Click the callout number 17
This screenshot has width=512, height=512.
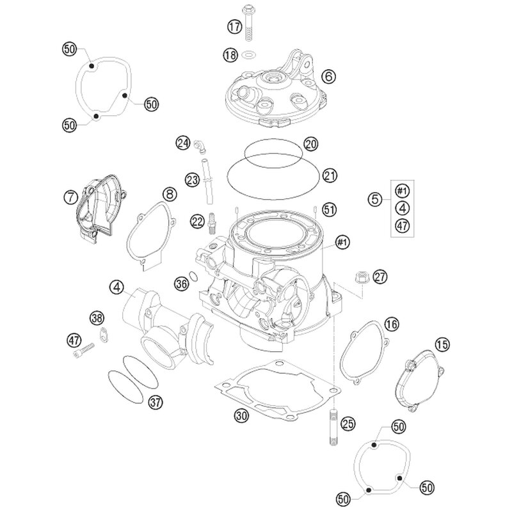tap(234, 26)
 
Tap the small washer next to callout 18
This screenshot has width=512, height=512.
tap(249, 54)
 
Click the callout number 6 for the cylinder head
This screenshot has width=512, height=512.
tap(328, 76)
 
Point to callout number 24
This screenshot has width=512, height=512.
tap(182, 143)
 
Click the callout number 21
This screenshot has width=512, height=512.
tap(330, 175)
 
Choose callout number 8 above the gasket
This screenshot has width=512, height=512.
tap(170, 195)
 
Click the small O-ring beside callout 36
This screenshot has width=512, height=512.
tap(194, 276)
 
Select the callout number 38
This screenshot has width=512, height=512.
tap(97, 317)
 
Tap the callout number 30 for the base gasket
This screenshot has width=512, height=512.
tap(241, 415)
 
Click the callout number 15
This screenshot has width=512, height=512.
tap(442, 344)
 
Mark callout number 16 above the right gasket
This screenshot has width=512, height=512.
tap(392, 324)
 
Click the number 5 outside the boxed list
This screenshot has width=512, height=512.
tap(375, 199)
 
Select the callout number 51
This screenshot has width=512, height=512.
tap(329, 209)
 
